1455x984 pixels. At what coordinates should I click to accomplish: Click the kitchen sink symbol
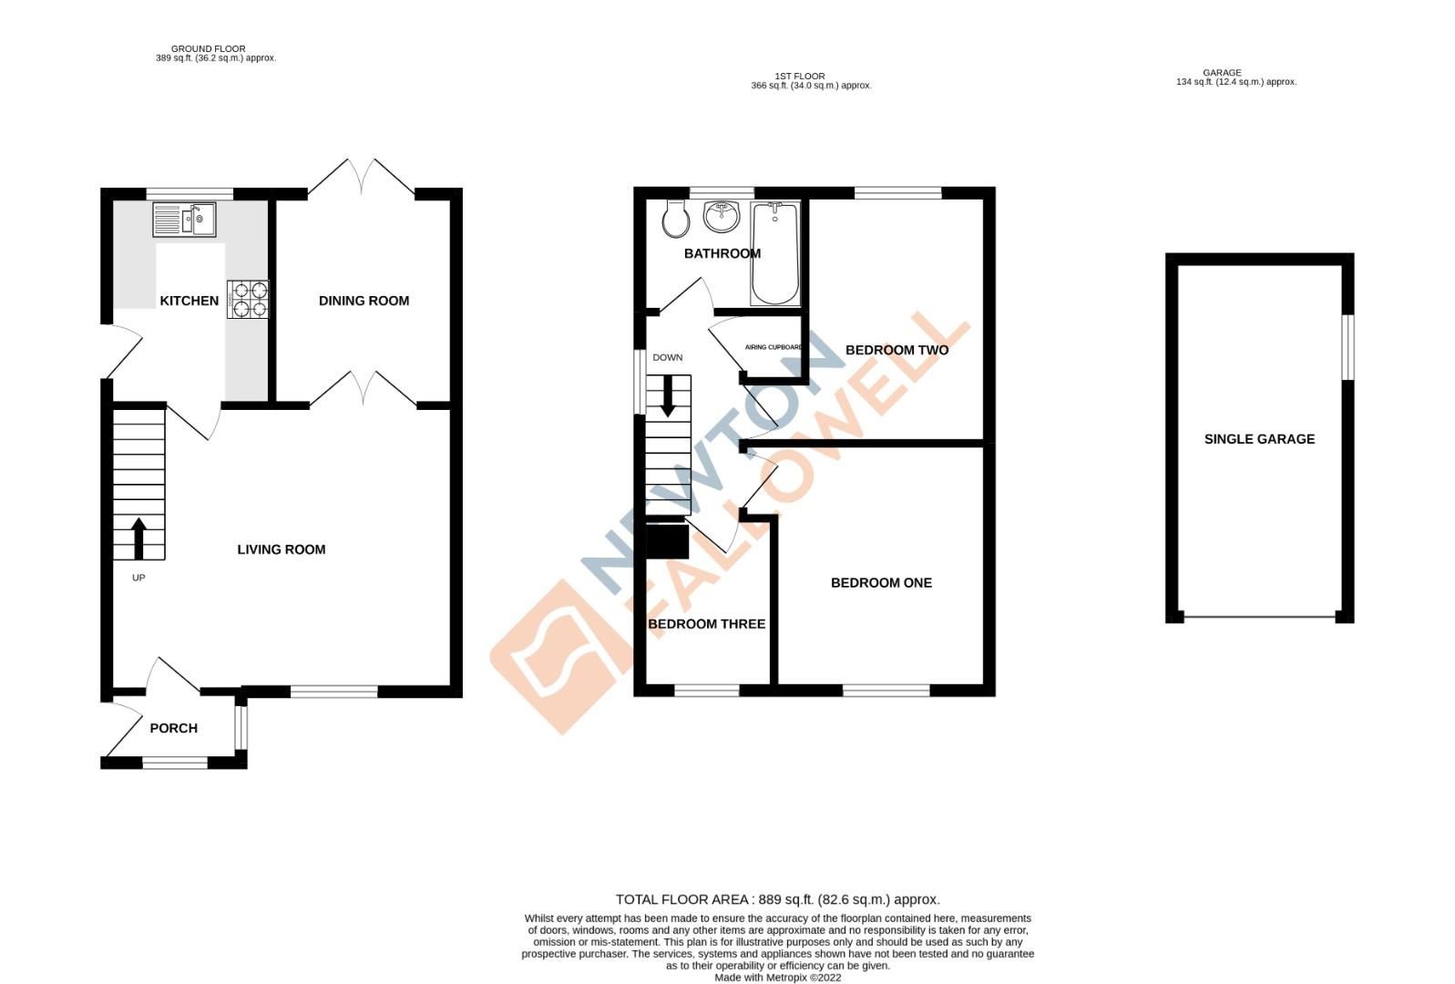(184, 220)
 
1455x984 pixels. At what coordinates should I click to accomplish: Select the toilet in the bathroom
(676, 218)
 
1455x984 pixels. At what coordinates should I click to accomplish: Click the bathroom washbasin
(721, 217)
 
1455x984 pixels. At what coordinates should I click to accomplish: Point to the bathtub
(775, 254)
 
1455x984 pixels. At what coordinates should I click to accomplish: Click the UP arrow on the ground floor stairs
(138, 538)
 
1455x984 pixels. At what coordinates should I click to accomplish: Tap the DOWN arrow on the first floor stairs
(668, 396)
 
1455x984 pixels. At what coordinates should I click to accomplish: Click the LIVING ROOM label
(281, 549)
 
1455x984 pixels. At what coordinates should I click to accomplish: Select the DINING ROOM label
(364, 301)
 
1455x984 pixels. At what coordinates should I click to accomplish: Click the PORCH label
(173, 728)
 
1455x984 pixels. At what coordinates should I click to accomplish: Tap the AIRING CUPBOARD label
(774, 347)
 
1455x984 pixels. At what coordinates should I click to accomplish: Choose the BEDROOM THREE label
(706, 624)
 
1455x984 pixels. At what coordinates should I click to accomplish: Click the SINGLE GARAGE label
(1259, 439)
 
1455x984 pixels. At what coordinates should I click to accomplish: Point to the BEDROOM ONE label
(881, 583)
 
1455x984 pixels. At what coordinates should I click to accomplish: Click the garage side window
(1348, 347)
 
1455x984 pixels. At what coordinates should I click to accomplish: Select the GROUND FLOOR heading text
(208, 49)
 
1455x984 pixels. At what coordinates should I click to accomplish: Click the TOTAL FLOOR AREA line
(777, 899)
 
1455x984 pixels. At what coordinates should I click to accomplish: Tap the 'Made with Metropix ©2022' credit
(777, 978)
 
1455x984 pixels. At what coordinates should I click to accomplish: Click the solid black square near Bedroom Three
(667, 541)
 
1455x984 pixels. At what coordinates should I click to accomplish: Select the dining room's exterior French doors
(363, 178)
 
